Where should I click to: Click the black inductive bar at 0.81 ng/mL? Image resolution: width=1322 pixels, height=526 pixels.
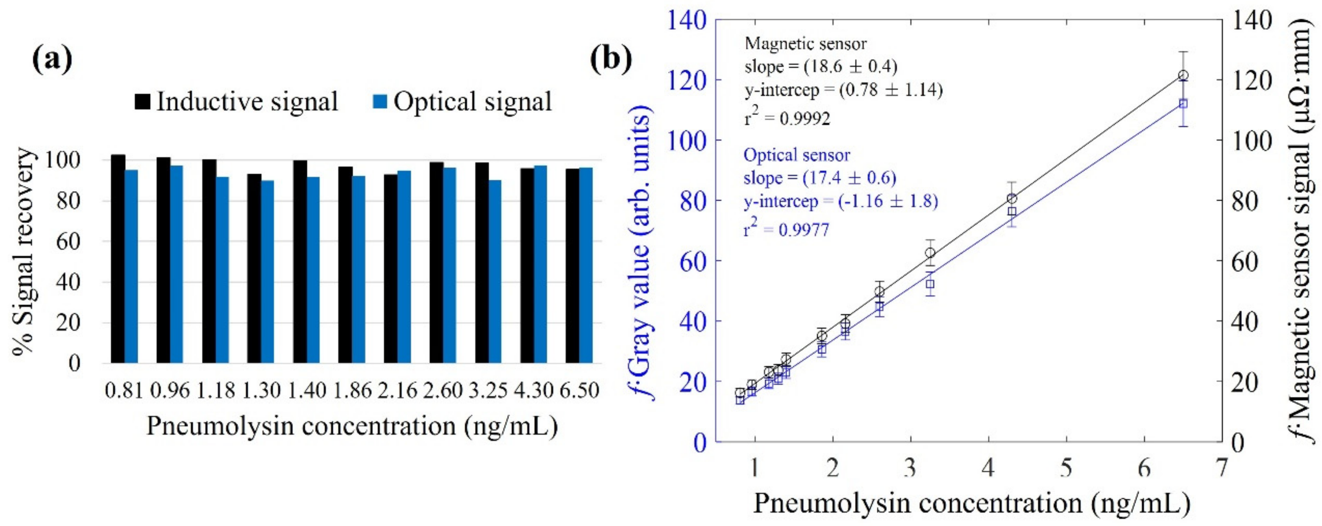[x=118, y=259]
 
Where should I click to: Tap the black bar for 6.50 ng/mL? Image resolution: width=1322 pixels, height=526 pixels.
[x=572, y=266]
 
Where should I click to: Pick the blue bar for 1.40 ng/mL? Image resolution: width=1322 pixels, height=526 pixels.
[x=313, y=270]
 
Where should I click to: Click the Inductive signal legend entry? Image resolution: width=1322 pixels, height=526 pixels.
[x=236, y=101]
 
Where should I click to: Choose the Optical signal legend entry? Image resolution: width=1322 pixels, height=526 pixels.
[x=461, y=101]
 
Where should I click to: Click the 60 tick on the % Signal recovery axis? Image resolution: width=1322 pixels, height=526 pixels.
[x=68, y=241]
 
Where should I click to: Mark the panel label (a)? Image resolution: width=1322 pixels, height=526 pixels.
[x=51, y=60]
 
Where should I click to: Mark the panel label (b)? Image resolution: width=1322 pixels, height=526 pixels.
[x=610, y=60]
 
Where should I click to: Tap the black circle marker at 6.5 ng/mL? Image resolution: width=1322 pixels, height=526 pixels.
[x=1183, y=75]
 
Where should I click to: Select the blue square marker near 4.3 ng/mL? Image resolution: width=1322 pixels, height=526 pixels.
[x=1012, y=211]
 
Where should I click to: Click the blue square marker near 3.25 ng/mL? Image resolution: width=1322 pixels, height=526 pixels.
[x=930, y=284]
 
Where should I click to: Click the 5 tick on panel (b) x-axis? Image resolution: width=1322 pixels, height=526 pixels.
[x=1066, y=468]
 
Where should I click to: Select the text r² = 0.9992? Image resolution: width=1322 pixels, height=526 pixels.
[x=787, y=119]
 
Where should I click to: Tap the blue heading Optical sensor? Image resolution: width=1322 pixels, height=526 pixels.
[x=796, y=155]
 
